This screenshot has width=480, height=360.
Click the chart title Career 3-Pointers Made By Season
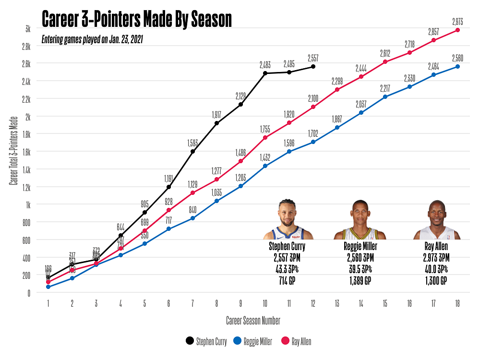click(x=137, y=20)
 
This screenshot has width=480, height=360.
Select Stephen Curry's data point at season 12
click(x=313, y=66)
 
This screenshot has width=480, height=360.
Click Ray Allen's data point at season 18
click(x=457, y=30)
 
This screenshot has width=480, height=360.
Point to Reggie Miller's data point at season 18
click(x=457, y=66)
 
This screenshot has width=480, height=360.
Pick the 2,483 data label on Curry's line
click(x=265, y=64)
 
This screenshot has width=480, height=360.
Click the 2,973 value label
click(x=457, y=21)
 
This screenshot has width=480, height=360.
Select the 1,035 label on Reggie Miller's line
click(x=217, y=192)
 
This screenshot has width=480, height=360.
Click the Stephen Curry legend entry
click(x=206, y=342)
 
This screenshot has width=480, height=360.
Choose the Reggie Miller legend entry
click(x=252, y=342)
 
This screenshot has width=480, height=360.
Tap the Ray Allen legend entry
click(x=296, y=342)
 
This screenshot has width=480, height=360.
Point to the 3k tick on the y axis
click(x=28, y=29)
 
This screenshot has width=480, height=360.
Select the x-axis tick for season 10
click(x=265, y=303)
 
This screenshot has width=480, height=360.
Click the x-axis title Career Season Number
click(x=253, y=320)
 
